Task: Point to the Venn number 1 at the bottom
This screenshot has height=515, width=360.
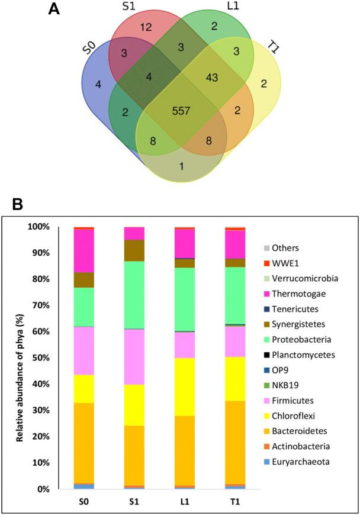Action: click(x=182, y=166)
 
